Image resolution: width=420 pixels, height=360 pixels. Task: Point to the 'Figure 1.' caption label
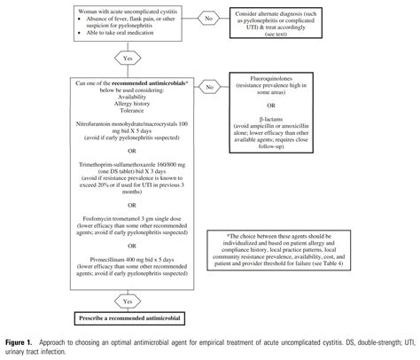pyautogui.click(x=19, y=341)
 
